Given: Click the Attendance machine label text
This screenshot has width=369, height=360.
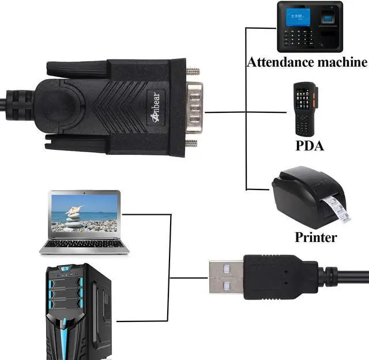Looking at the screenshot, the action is point(307,62).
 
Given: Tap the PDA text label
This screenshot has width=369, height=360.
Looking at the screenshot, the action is point(309,145).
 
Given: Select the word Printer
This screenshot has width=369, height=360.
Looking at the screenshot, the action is point(315,236).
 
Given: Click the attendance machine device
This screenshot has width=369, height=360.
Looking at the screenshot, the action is point(310,26).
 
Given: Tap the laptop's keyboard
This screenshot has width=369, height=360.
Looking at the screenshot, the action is point(84,243).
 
